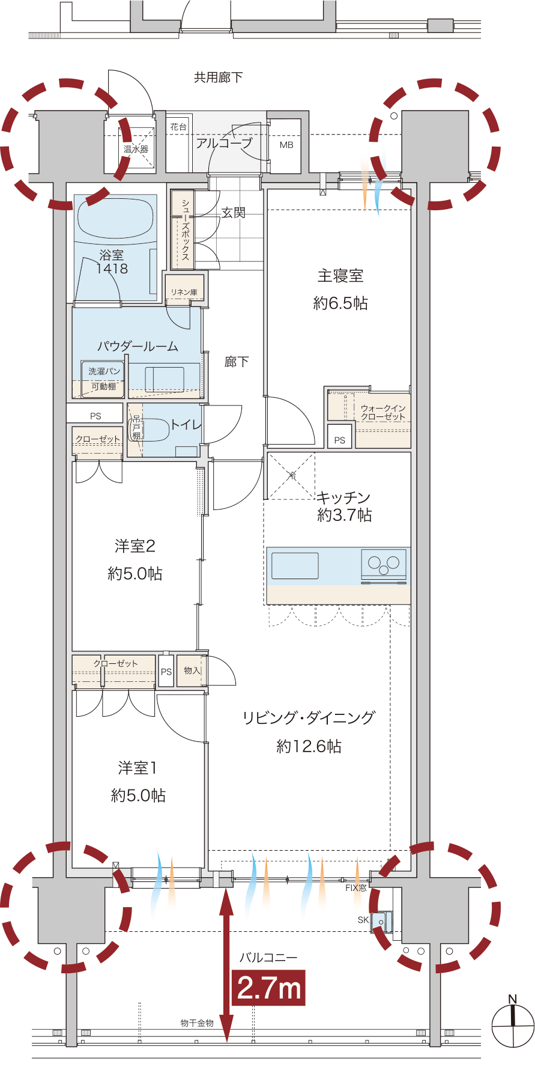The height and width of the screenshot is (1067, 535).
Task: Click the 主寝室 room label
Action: pyautogui.click(x=340, y=276)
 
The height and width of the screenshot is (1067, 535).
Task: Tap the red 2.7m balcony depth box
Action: pyautogui.click(x=268, y=988)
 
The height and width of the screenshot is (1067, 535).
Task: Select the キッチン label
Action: pyautogui.click(x=343, y=497)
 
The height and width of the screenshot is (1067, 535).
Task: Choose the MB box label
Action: pyautogui.click(x=286, y=145)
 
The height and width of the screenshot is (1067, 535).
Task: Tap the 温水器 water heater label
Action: pyautogui.click(x=136, y=148)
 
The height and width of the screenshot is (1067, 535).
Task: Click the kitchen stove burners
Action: pyautogui.click(x=384, y=564)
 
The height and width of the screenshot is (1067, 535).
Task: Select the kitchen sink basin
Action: pyautogui.click(x=295, y=566)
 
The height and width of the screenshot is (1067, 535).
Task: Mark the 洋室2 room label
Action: pyautogui.click(x=135, y=546)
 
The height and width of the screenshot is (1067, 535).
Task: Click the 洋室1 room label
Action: pyautogui.click(x=138, y=767)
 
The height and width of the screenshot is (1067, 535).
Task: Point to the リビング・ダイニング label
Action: pyautogui.click(x=309, y=717)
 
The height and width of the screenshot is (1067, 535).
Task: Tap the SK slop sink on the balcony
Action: pyautogui.click(x=381, y=921)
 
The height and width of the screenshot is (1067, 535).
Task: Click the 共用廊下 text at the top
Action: pyautogui.click(x=219, y=77)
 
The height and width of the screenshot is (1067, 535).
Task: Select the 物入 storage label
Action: pyautogui.click(x=192, y=670)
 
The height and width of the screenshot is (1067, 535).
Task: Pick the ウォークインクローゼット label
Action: pyautogui.click(x=383, y=412)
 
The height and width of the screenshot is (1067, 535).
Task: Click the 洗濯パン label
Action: pyautogui.click(x=104, y=371)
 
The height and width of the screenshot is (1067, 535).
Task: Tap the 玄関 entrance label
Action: pyautogui.click(x=234, y=213)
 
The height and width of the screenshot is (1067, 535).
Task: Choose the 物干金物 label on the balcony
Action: pyautogui.click(x=197, y=1023)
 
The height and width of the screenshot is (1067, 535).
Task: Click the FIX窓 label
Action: pyautogui.click(x=356, y=887)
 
